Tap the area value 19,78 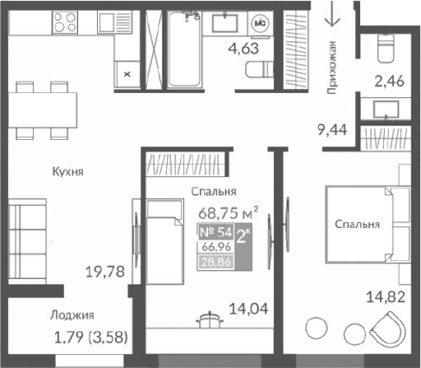click(x=106, y=271)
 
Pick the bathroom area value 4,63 click(x=243, y=49)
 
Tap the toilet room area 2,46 click(x=388, y=81)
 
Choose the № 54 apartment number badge click(x=216, y=232)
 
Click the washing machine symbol click(x=261, y=22)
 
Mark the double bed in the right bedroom click(x=367, y=223)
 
